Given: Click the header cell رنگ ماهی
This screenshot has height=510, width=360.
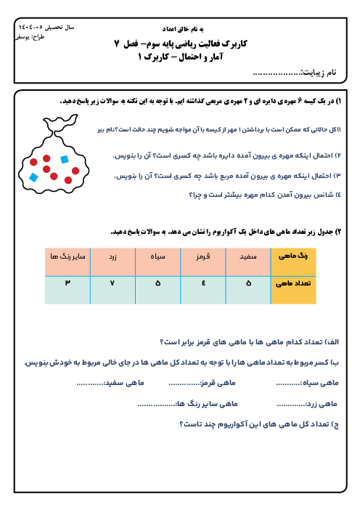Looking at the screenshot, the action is point(293,262).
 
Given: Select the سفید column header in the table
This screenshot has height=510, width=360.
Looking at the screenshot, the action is point(248,262).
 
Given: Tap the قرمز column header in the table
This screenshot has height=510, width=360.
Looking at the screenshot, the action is point(203,262).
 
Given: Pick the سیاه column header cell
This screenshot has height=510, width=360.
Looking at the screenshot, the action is point(158,262).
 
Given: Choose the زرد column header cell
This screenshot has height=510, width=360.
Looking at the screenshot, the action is point(112,262).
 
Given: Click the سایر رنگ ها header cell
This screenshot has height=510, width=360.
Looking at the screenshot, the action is point(67,262).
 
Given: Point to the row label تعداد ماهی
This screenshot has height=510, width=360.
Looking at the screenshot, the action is point(293,290).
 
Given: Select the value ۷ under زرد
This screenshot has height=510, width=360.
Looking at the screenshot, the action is point(112,283).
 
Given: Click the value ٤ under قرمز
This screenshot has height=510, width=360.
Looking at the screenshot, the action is point(203,283).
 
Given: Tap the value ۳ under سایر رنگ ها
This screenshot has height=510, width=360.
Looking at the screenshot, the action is point(67,283).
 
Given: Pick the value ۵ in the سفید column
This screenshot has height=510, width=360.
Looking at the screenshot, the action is point(248,283).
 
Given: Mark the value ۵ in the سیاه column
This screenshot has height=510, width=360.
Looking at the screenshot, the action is point(158,283).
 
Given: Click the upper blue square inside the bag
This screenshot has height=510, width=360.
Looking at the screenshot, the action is point(65,159).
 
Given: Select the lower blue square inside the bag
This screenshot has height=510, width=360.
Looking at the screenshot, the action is point(33,177).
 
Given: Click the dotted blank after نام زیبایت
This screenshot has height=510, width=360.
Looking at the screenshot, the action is point(277,73).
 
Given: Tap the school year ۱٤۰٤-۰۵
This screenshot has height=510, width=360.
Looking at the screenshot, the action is point(30,28).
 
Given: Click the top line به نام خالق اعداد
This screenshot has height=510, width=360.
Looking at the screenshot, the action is point(183,29).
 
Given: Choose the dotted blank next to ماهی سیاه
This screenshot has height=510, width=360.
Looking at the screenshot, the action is point(289,384).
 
